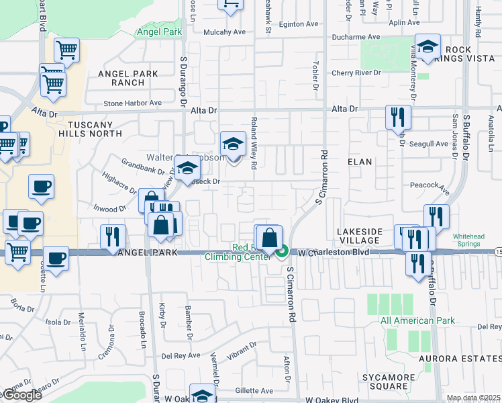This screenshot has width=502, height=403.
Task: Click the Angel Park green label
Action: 159,32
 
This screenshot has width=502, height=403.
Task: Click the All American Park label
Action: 417,320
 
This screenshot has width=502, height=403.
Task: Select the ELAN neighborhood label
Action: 360,162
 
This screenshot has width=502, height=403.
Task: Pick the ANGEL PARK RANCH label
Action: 128,78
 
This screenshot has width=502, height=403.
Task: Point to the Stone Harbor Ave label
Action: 133,103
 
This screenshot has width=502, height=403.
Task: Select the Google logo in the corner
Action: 22,395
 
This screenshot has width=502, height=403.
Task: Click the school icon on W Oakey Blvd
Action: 202,395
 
